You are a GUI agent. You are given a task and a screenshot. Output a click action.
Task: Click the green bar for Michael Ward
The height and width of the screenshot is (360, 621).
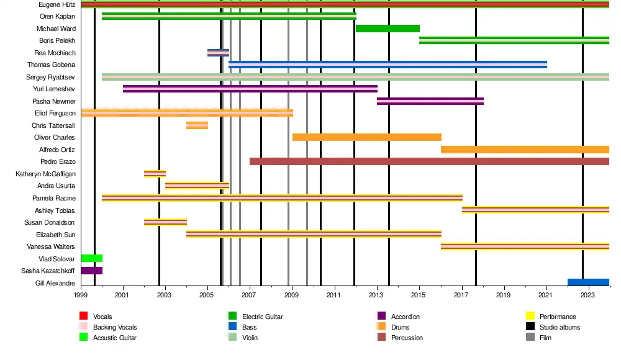tap(388, 29)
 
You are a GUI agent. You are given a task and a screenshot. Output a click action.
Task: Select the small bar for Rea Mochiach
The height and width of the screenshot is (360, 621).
tap(218, 53)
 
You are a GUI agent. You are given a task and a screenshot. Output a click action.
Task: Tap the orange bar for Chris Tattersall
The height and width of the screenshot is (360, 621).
tap(197, 125)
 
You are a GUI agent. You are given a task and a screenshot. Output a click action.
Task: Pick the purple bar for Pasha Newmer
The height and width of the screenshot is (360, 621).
tap(430, 101)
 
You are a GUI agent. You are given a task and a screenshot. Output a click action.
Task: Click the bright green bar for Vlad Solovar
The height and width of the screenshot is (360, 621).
tap(91, 258)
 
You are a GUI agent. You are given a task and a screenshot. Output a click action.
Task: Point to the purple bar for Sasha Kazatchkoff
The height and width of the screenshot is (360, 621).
tap(91, 271)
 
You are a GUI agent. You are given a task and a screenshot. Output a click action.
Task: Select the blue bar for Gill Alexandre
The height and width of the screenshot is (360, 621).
tap(588, 282)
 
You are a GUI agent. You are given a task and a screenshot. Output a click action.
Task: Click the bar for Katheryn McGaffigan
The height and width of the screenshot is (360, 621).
tap(155, 174)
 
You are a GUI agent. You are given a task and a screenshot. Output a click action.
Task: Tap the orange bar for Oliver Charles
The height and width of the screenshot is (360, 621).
tap(366, 137)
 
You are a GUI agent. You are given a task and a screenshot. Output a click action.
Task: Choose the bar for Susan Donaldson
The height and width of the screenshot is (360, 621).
tap(165, 222)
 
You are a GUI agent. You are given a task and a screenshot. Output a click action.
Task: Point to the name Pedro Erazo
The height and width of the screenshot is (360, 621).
tap(58, 162)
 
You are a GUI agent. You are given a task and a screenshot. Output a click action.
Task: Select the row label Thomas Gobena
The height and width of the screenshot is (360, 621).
tap(52, 65)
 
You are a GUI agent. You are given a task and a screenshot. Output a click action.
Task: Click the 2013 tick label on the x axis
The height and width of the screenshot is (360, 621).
tap(377, 295)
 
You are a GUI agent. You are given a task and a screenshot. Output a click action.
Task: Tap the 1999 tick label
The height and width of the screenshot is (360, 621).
tap(81, 295)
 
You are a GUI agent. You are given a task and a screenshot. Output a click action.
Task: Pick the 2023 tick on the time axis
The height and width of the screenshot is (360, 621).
tap(589, 295)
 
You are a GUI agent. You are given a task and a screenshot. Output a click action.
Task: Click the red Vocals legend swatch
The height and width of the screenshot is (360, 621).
tap(84, 317)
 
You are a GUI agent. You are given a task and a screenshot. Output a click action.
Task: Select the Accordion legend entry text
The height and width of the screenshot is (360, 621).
tap(405, 317)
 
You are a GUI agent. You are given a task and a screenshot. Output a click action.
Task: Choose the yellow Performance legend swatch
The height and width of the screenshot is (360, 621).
tap(530, 317)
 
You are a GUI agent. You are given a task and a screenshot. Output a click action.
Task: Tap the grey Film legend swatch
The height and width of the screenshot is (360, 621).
tap(530, 338)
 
